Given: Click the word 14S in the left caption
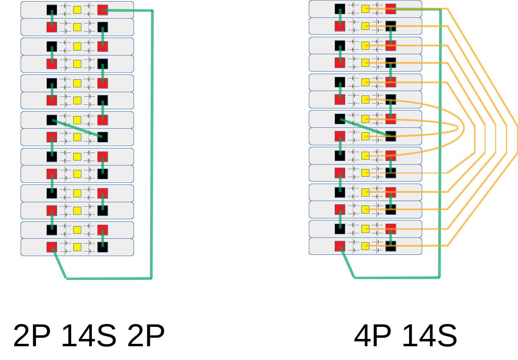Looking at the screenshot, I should pyautogui.click(x=88, y=336).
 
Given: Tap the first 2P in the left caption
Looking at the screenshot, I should pyautogui.click(x=32, y=336).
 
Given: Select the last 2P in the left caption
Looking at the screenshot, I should pyautogui.click(x=146, y=336).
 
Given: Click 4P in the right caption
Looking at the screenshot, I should pyautogui.click(x=372, y=336).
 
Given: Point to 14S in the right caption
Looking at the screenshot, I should pyautogui.click(x=429, y=336).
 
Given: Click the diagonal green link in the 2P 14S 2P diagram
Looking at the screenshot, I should pyautogui.click(x=77, y=129).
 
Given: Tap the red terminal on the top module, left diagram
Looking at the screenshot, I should pyautogui.click(x=102, y=10).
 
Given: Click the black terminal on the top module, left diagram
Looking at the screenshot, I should pyautogui.click(x=52, y=10).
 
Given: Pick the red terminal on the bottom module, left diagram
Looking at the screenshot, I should pyautogui.click(x=52, y=247).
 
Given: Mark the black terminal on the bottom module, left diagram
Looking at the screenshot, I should pyautogui.click(x=102, y=247).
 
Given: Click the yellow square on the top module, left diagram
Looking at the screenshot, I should pyautogui.click(x=77, y=10).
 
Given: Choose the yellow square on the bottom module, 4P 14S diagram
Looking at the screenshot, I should pyautogui.click(x=365, y=246).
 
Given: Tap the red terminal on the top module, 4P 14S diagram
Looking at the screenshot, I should pyautogui.click(x=391, y=8).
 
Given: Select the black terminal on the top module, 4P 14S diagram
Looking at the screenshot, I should pyautogui.click(x=340, y=8).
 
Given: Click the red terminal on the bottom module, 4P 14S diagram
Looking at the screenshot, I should pyautogui.click(x=340, y=246).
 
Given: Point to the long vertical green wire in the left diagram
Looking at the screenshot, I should pyautogui.click(x=152, y=142).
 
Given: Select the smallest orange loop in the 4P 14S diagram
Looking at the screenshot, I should pyautogui.click(x=458, y=128).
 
